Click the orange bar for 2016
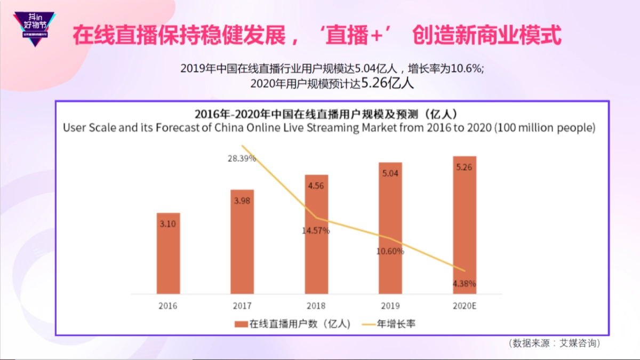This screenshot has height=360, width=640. coord(168,253)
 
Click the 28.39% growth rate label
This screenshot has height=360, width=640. coord(242,158)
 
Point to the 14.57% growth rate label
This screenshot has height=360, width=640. coord(316,231)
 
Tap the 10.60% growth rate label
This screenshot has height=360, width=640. coord(390,251)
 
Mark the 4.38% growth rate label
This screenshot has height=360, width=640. coord(463,283)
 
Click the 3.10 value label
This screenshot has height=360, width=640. coord(168,224)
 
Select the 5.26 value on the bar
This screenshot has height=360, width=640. coord(464,167)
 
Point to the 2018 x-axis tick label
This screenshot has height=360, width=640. coord(316,306)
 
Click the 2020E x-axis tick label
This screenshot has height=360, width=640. coord(464,306)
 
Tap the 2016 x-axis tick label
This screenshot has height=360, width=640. coord(168,306)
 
